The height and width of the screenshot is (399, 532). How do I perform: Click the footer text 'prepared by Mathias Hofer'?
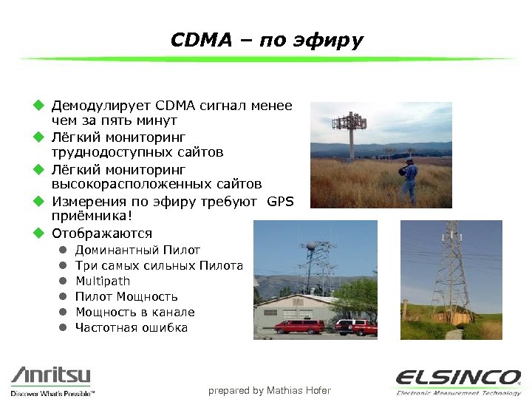(270, 390)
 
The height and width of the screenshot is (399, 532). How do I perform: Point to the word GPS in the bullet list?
(281, 202)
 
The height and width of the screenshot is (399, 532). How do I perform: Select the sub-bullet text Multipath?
(103, 281)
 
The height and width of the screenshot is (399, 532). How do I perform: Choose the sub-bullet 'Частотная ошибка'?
(132, 327)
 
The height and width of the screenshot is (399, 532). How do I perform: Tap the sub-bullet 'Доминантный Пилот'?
(137, 250)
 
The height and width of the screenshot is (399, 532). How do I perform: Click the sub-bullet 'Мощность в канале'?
(135, 312)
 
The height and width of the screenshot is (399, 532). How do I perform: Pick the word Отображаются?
(102, 233)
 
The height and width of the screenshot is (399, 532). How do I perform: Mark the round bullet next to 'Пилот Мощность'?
(64, 296)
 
